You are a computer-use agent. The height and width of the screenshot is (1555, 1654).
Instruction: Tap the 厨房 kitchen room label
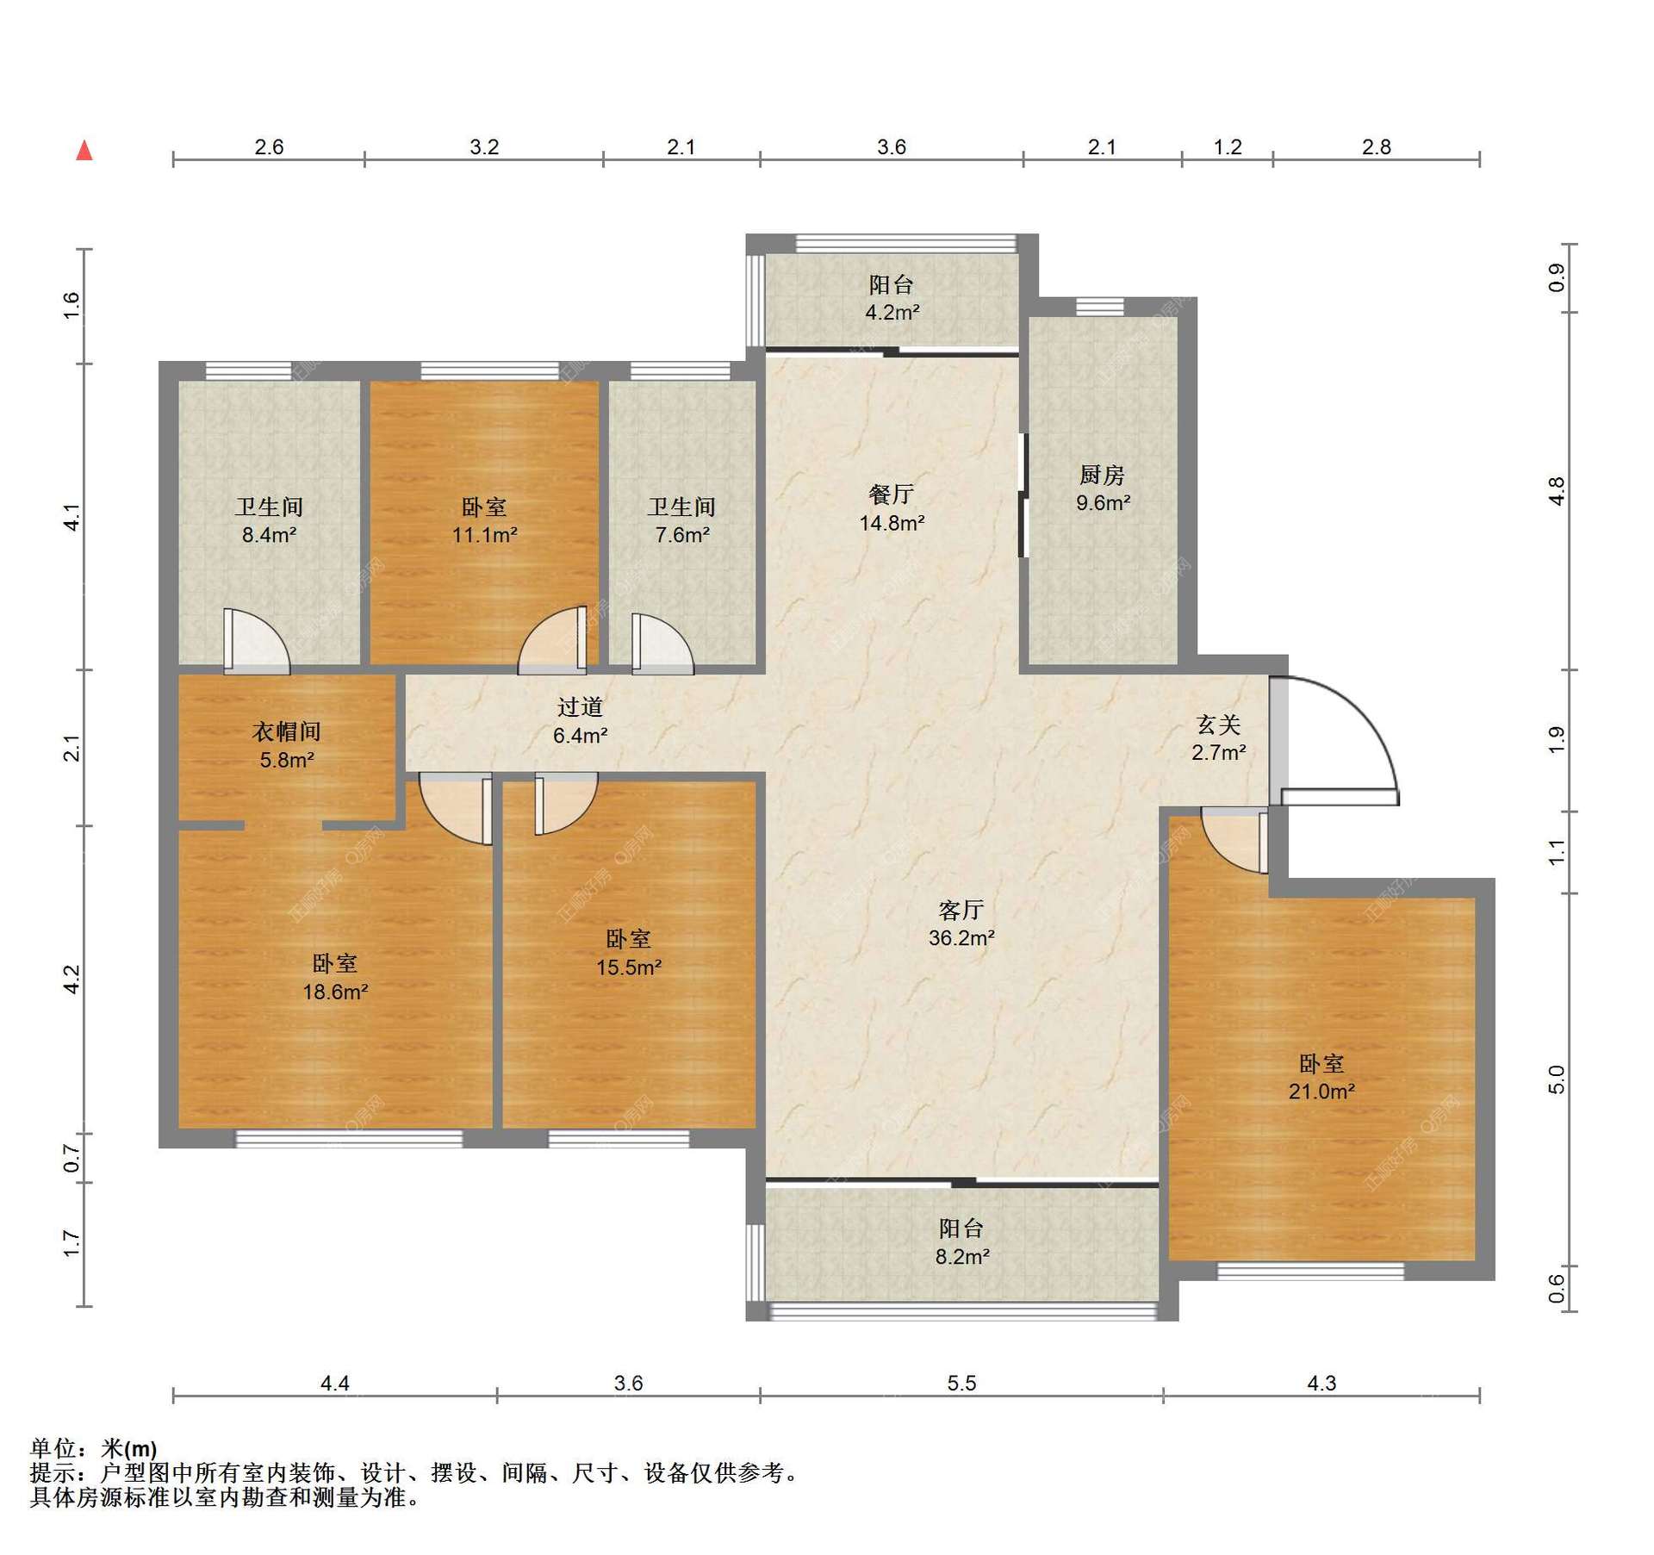[x=1102, y=475]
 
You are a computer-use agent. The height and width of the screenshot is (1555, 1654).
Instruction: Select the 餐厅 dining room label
[x=891, y=494]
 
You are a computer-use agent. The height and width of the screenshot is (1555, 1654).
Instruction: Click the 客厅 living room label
[x=961, y=910]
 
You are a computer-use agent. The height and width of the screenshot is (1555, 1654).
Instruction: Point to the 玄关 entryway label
[x=1218, y=725]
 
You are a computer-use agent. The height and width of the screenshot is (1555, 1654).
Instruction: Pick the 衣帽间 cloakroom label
[x=286, y=731]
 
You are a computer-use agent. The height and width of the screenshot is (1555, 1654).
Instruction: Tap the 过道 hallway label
[x=579, y=707]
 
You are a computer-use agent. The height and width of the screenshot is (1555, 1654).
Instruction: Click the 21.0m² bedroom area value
[x=1321, y=1092]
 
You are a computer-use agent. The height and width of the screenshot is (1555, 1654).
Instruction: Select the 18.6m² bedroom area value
[x=335, y=992]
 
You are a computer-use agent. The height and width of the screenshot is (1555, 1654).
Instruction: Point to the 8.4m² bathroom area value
[x=269, y=535]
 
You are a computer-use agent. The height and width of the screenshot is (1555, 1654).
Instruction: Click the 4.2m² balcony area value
[x=892, y=313]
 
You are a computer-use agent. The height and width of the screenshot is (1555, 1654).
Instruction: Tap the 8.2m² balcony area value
[x=961, y=1257]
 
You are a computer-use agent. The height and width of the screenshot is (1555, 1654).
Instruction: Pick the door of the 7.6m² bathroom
[x=661, y=643]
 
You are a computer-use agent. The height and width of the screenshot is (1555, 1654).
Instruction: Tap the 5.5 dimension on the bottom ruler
[x=961, y=1384]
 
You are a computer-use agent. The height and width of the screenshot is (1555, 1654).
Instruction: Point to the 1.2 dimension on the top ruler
[x=1228, y=147]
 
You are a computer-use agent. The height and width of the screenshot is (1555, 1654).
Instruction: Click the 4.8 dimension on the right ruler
[x=1556, y=491]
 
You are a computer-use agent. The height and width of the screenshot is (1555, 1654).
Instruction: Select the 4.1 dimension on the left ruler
[x=72, y=517]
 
